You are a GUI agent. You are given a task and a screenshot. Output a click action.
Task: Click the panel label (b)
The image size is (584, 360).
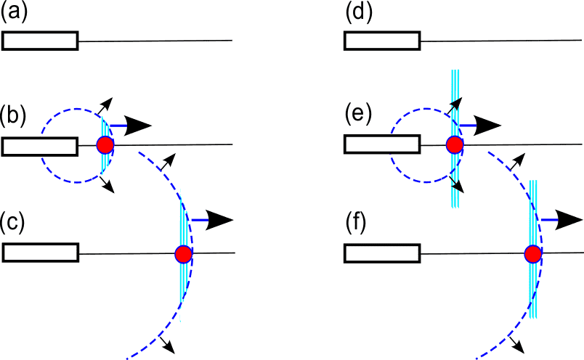[x=14, y=115]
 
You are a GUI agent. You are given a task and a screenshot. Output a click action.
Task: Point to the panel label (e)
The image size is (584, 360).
[x=356, y=115]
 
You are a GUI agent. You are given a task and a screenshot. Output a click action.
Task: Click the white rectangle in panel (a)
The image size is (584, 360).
[x=40, y=41]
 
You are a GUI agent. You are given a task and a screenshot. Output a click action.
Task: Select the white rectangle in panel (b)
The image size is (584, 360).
[x=40, y=146]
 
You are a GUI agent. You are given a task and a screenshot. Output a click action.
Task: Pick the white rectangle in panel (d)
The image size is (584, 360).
[x=381, y=41]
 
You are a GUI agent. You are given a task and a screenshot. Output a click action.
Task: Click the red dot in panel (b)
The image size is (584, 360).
[x=105, y=145]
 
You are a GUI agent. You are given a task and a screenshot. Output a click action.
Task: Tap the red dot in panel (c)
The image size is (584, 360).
[x=183, y=253]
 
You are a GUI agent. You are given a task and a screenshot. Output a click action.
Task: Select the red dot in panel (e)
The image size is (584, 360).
[x=455, y=144]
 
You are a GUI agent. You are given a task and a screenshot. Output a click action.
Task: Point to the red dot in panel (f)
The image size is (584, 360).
[x=533, y=254]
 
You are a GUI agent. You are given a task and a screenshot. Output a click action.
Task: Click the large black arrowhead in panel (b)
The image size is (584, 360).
[x=139, y=125]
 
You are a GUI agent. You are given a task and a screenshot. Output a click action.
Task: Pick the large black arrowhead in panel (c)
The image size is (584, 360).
[x=220, y=219]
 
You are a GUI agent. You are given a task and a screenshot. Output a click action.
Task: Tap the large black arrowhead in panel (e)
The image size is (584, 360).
[x=490, y=125]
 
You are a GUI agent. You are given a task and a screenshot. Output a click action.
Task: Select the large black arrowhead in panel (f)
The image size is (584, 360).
[x=569, y=219]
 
